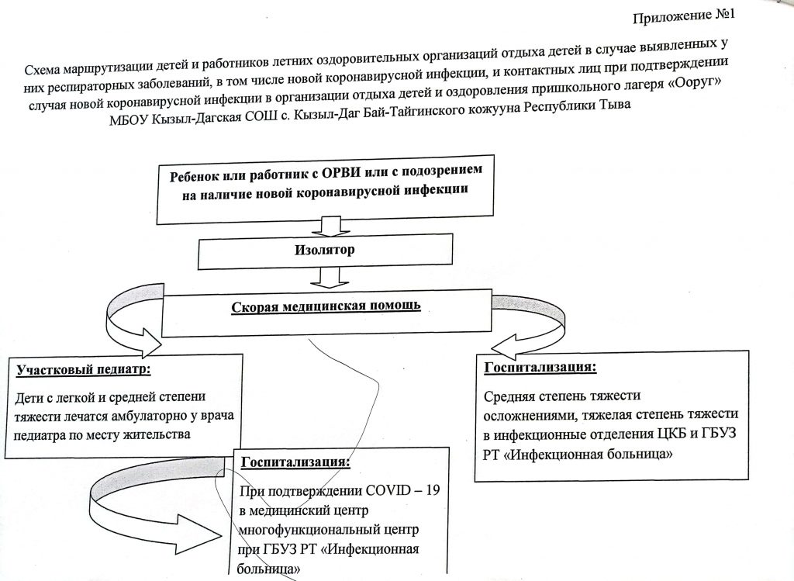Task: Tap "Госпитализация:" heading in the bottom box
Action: (x=295, y=462)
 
